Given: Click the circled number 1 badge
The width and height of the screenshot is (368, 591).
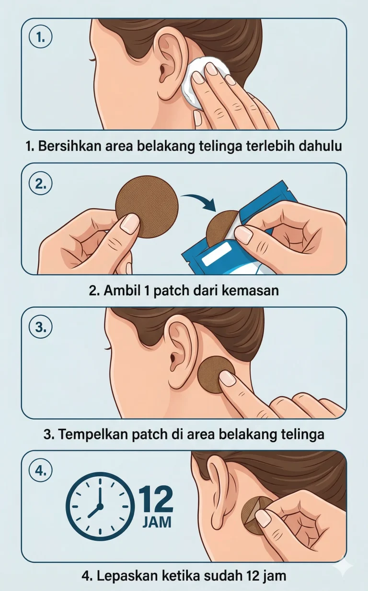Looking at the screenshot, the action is (40, 38).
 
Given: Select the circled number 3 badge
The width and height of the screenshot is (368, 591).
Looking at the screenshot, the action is (40, 328).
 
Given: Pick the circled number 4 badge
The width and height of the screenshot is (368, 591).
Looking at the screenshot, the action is (40, 471).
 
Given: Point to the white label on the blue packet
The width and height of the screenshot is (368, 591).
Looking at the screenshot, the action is (217, 254).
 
